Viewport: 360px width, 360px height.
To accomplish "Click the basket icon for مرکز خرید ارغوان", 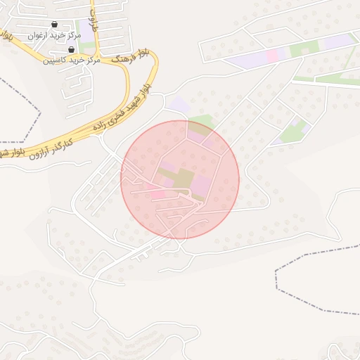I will (x=54, y=25).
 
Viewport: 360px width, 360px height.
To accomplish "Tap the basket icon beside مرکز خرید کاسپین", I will (x=72, y=50).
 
